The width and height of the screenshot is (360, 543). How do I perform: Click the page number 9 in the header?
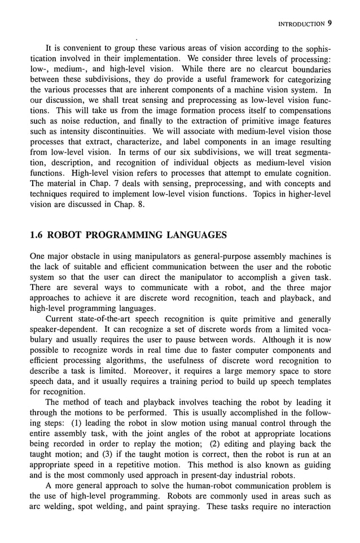coord(330,24)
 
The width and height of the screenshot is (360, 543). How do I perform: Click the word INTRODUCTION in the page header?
coord(300,24)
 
